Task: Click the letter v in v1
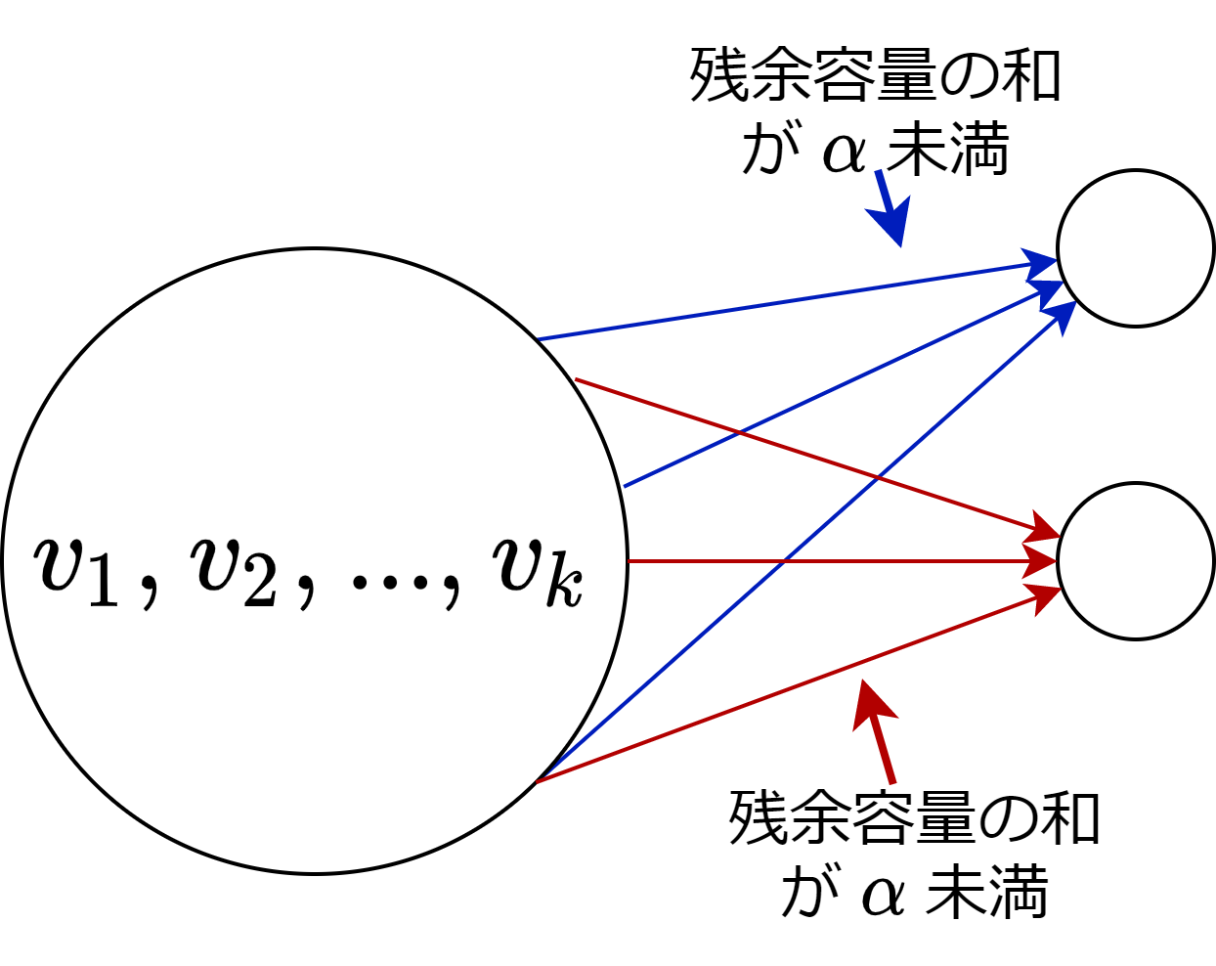coord(61,564)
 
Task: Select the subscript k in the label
coord(565,584)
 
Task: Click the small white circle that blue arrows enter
coord(1135,248)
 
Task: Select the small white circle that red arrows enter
coord(1135,561)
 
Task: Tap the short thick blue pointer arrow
coord(890,209)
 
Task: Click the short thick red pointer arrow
coord(876,728)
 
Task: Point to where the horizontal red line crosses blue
coord(783,561)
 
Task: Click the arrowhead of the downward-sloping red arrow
coord(1043,529)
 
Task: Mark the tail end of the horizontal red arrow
coord(629,561)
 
